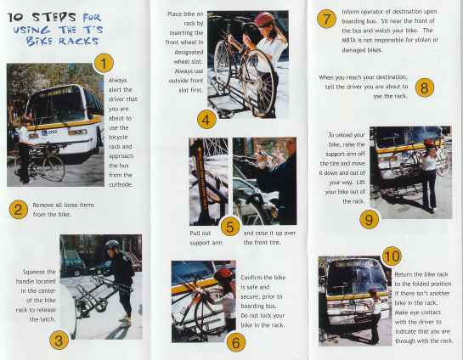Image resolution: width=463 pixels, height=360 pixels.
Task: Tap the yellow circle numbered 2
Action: [x=17, y=210]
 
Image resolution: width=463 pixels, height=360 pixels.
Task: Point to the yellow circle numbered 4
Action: [x=207, y=118]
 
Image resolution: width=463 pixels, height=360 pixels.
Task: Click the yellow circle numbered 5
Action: [x=229, y=227]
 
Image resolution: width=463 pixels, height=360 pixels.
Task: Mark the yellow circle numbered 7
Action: [x=325, y=19]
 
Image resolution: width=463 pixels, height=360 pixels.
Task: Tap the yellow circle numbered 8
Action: [x=425, y=87]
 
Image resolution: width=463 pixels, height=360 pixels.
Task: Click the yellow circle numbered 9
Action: [x=368, y=219]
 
